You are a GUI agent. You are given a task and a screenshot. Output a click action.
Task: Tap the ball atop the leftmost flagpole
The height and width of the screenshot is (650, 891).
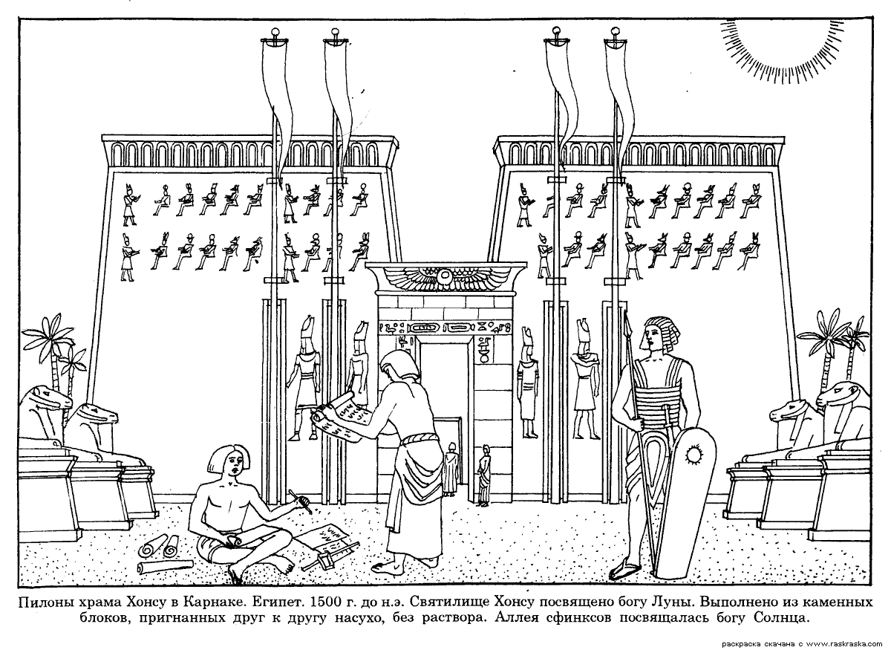point(275,32)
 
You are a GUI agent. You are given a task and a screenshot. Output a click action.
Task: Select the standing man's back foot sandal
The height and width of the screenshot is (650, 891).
point(427,562)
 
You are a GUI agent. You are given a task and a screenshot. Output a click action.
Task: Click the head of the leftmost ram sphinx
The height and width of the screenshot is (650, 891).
point(46,399)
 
